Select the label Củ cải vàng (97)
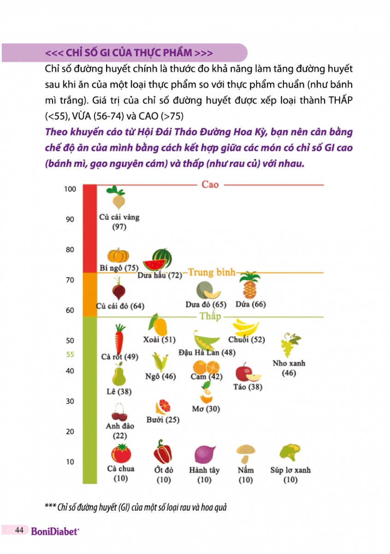tap(119, 222)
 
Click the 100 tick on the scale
tap(70, 189)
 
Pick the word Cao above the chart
tap(210, 185)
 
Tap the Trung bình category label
tap(212, 272)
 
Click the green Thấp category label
tap(210, 316)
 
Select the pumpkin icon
tap(118, 256)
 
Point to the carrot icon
tap(119, 338)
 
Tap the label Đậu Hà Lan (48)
tap(207, 353)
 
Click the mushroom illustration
tap(245, 454)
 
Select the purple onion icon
tap(204, 454)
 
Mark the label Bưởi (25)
tap(163, 420)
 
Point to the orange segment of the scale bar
tap(89, 295)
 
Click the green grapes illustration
tap(290, 345)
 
